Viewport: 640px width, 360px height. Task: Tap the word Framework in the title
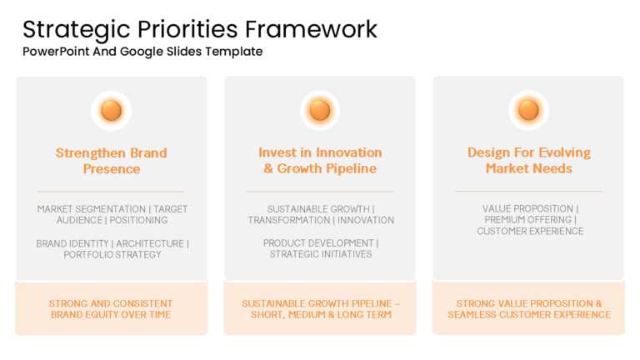311,29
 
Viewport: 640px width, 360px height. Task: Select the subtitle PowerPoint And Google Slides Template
142,52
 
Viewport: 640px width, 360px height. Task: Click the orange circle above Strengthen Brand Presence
111,110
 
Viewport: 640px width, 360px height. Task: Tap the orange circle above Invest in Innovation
320,110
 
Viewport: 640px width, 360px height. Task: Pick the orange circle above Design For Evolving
528,110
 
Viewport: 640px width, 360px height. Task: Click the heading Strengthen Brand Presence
111,161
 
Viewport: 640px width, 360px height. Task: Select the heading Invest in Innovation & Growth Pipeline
320,161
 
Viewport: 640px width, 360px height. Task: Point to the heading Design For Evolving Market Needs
528,161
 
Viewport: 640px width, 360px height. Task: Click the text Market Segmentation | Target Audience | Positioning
112,215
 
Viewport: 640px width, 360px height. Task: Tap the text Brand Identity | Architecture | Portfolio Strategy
112,249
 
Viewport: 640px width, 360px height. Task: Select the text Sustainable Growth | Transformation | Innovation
320,215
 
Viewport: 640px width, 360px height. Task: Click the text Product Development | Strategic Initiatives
320,249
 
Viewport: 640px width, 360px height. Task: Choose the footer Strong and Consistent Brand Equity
111,309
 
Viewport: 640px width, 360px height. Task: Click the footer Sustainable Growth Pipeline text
320,309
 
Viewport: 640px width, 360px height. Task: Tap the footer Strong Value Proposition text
528,309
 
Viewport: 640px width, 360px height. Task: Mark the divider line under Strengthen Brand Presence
111,192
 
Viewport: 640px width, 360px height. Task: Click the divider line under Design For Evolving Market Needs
528,192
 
